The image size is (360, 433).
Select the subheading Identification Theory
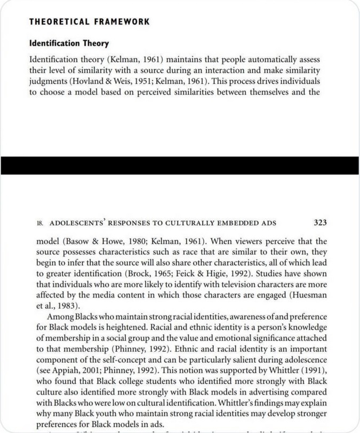point(68,43)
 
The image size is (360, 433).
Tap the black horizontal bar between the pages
point(180,165)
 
